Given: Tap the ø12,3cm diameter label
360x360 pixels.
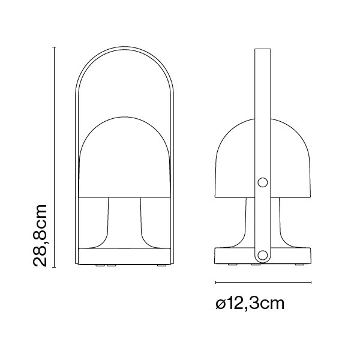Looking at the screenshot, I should click(x=250, y=304).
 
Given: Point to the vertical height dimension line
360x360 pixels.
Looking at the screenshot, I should click(x=54, y=156).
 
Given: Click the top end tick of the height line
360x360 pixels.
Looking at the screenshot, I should click(x=54, y=46).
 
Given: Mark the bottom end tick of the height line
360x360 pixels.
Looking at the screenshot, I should click(x=54, y=266).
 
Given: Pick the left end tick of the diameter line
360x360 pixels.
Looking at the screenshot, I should click(x=215, y=281).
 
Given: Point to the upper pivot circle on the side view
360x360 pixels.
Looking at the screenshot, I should click(x=262, y=182).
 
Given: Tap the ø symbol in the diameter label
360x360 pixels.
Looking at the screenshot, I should click(x=221, y=305).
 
